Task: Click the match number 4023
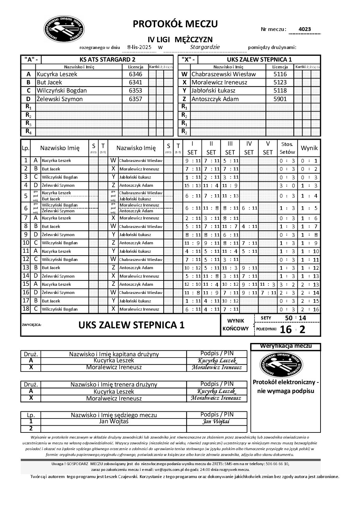tap(305, 30)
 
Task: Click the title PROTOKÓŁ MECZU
tap(175, 24)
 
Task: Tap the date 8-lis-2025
tap(139, 47)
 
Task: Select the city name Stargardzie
tap(205, 47)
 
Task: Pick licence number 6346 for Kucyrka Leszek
tap(135, 74)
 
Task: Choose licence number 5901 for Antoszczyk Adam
tap(280, 99)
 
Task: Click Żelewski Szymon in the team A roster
tap(60, 99)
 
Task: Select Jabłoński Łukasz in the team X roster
tap(213, 91)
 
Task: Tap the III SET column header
tap(230, 148)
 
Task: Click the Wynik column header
tap(309, 148)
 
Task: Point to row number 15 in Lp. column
tap(26, 284)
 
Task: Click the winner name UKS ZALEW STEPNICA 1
tap(131, 325)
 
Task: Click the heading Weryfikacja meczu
tap(285, 346)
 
